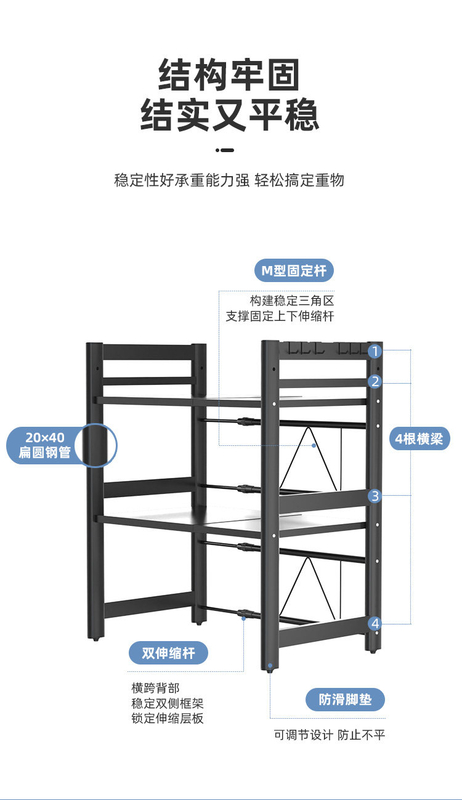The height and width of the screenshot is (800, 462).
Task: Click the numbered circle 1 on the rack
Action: pos(375,352)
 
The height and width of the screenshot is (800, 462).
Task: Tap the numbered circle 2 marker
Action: pos(375,382)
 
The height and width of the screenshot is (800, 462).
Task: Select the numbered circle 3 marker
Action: pos(375,496)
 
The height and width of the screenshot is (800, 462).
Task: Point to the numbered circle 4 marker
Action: pos(375,623)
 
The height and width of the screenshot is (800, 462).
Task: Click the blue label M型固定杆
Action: pos(294,270)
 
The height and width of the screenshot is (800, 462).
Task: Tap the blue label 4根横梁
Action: pos(419,439)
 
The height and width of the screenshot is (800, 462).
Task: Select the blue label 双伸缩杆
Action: pos(168,653)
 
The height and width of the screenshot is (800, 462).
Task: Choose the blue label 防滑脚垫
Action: pos(346,700)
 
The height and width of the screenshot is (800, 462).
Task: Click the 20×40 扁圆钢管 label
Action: pos(45,445)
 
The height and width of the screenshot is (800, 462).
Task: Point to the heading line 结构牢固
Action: pos(230,75)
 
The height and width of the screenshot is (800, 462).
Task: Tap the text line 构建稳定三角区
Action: pos(292,301)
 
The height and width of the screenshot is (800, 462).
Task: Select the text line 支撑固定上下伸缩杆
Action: pos(280,317)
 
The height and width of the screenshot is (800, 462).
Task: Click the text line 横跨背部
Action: pos(155,688)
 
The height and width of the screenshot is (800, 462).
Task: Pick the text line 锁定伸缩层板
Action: pos(167,718)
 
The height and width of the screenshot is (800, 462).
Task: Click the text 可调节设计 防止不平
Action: pos(330,735)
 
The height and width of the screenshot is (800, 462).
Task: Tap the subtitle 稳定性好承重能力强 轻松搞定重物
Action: pos(229,180)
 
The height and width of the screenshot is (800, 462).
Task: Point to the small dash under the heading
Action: pos(225,150)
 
